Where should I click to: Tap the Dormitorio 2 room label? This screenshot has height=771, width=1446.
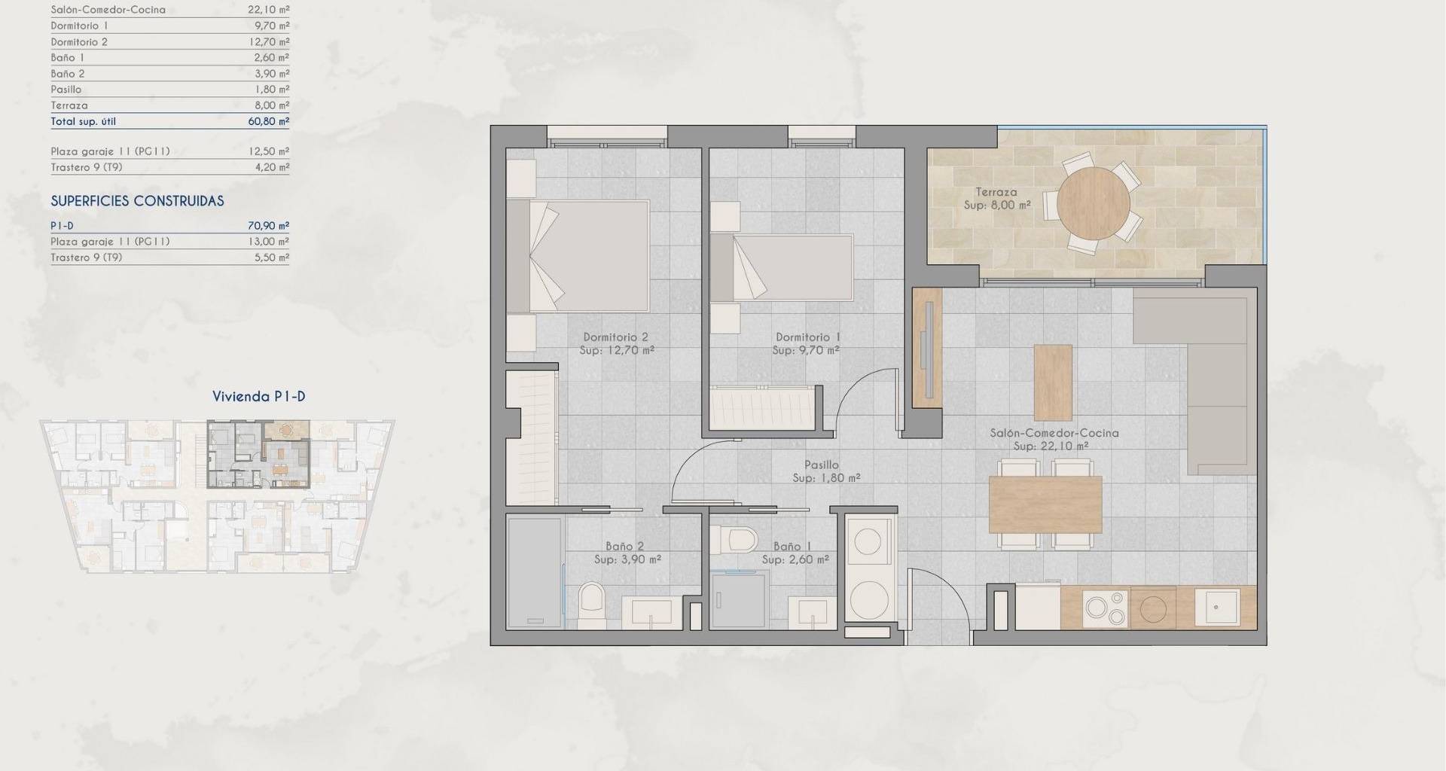tap(616, 337)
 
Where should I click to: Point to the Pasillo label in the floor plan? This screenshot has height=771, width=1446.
tap(821, 465)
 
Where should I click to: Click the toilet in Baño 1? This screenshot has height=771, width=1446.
tap(735, 541)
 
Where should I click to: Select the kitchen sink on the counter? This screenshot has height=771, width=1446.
tap(1218, 607)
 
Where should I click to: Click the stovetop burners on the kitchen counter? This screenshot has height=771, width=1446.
tap(1106, 608)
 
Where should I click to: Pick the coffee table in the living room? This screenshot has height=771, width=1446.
tap(1053, 382)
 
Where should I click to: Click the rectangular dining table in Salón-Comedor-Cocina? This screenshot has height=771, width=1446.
tap(1045, 504)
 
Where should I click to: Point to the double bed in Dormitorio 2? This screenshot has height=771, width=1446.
tap(578, 256)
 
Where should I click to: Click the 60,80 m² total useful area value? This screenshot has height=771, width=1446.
tap(269, 121)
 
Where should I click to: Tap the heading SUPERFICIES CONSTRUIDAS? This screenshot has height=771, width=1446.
tap(137, 201)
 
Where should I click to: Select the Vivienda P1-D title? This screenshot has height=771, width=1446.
tap(259, 397)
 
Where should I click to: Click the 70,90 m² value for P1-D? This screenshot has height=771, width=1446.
tap(269, 226)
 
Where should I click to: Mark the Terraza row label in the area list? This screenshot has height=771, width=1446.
tap(69, 105)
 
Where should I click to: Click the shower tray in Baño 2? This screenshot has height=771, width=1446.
tap(535, 573)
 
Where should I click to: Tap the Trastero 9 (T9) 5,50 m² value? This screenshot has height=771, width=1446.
tap(272, 258)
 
